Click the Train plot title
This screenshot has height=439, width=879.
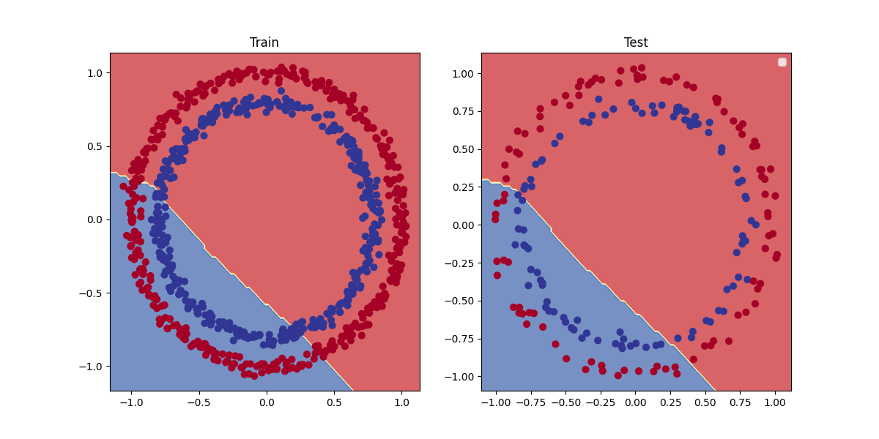pyautogui.click(x=264, y=42)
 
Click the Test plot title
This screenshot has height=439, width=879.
pyautogui.click(x=636, y=42)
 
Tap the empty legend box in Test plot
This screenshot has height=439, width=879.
pyautogui.click(x=782, y=62)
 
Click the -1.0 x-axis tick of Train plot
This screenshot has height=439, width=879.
pyautogui.click(x=130, y=402)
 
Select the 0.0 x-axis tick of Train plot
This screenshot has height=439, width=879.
pyautogui.click(x=266, y=402)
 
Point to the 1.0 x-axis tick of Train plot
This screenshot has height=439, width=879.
pyautogui.click(x=401, y=402)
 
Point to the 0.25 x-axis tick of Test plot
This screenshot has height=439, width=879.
pyautogui.click(x=670, y=402)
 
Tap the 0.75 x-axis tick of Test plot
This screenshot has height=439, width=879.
pyautogui.click(x=740, y=402)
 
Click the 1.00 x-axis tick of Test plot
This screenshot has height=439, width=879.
pyautogui.click(x=775, y=402)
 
